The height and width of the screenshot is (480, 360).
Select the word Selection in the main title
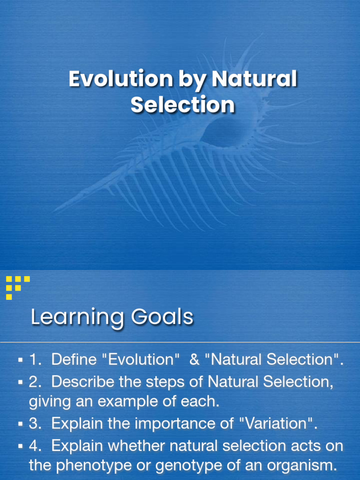click(x=182, y=105)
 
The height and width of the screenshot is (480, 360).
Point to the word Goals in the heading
click(x=162, y=317)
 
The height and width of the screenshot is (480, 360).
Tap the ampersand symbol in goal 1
click(x=194, y=360)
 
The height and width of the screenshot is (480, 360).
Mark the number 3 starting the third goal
click(x=33, y=424)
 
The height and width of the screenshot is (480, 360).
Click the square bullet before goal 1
click(x=21, y=360)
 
